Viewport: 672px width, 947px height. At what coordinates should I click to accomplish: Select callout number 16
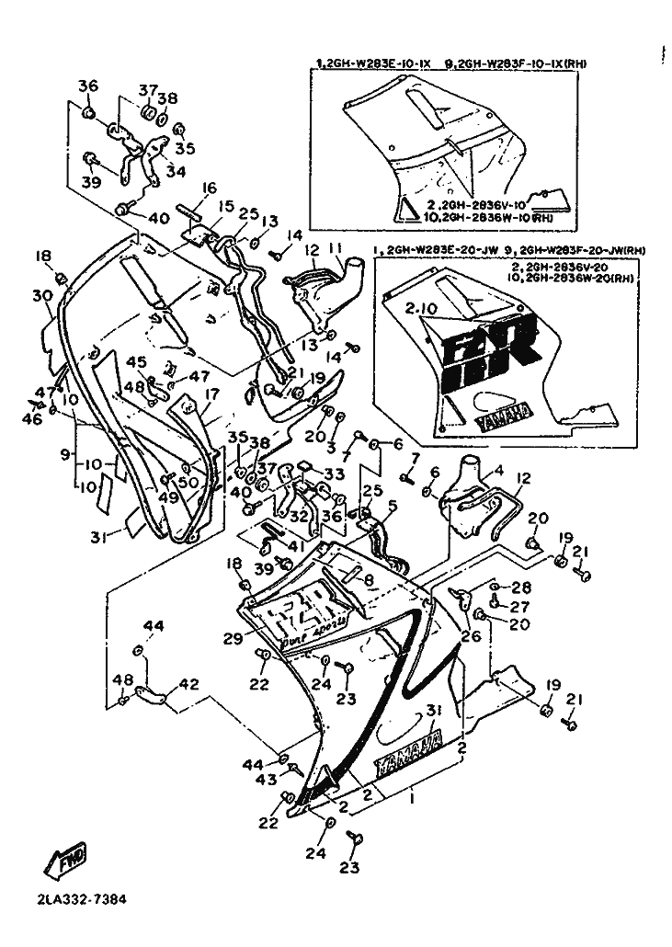(x=209, y=189)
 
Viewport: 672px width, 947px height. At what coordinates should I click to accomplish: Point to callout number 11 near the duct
(x=336, y=248)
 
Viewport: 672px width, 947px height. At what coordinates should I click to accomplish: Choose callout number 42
(x=188, y=684)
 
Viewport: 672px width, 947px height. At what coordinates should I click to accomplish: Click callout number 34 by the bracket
(x=175, y=171)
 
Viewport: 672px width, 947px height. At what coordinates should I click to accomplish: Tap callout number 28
(x=521, y=587)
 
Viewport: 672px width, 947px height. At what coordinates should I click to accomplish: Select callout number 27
(x=521, y=607)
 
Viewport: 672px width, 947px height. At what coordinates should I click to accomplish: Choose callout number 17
(x=212, y=394)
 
